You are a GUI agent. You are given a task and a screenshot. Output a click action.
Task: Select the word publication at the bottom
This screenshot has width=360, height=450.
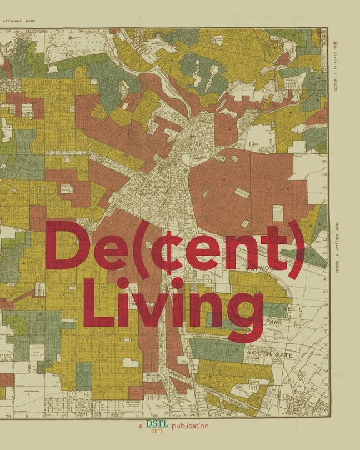(x=190, y=426)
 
